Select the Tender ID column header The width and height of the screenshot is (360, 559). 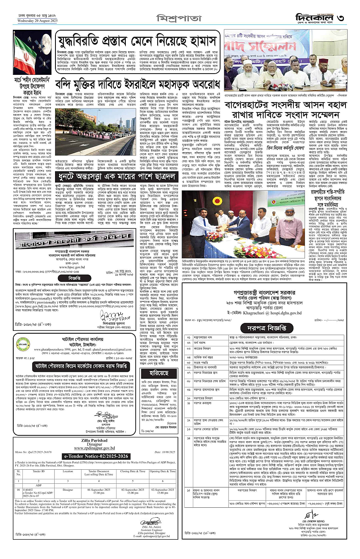coord(39,471)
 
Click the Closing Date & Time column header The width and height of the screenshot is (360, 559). coord(132,471)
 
